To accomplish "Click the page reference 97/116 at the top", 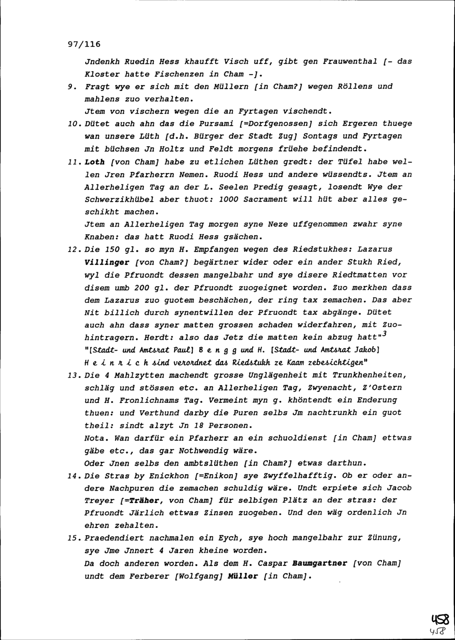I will pyautogui.click(x=84, y=45).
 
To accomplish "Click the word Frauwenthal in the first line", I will pyautogui.click(x=350, y=61).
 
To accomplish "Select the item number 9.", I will pyautogui.click(x=70, y=86).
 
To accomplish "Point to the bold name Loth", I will pyautogui.click(x=95, y=162).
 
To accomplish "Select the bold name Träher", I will pyautogui.click(x=144, y=501).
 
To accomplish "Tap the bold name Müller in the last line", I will pyautogui.click(x=245, y=576).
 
